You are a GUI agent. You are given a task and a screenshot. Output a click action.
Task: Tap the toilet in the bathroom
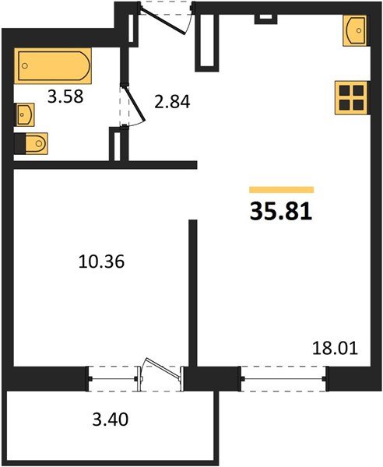click(32, 143)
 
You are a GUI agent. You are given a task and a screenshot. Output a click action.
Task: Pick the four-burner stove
click(351, 97)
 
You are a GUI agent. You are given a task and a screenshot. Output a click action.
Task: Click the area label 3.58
click(66, 97)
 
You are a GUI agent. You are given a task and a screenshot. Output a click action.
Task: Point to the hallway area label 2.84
click(173, 101)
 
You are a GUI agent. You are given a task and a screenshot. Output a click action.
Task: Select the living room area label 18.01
click(335, 347)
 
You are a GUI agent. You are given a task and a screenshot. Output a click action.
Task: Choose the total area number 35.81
click(281, 211)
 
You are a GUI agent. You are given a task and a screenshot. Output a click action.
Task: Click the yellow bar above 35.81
click(281, 189)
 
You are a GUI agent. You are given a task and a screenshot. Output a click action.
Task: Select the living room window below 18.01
click(283, 378)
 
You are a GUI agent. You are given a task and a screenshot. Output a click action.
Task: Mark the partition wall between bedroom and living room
click(192, 292)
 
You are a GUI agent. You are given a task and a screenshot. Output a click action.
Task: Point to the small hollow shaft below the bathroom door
click(114, 144)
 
